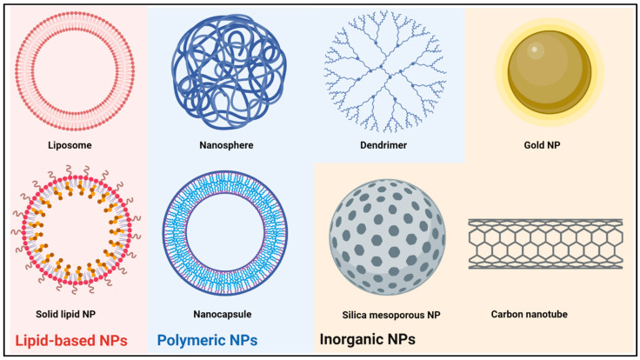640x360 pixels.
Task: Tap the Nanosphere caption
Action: click(229, 146)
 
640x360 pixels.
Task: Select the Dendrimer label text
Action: click(388, 146)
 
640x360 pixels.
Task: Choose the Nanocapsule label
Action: click(228, 313)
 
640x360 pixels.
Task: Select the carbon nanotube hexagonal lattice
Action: click(545, 243)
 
